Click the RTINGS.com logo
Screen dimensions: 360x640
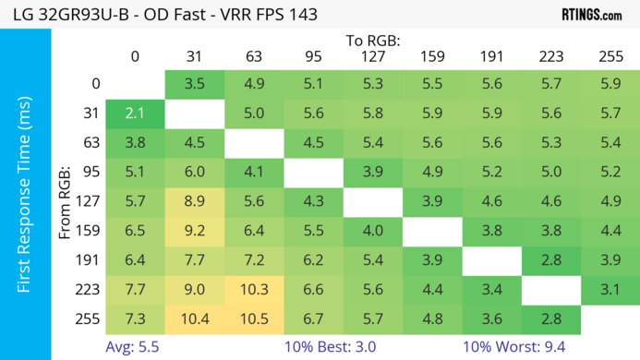(x=591, y=14)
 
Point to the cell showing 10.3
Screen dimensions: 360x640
(x=253, y=290)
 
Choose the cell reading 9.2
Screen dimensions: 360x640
(x=194, y=231)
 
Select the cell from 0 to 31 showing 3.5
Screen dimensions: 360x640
(x=194, y=84)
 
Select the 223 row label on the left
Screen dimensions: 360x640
(x=90, y=290)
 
